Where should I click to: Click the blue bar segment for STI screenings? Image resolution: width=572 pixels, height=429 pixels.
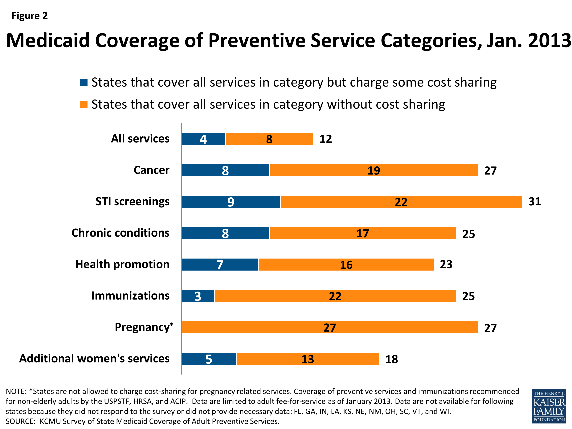pyautogui.click(x=231, y=202)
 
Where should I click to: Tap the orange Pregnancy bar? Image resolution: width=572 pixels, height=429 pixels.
pyautogui.click(x=329, y=327)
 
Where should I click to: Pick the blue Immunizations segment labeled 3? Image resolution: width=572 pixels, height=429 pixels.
pyautogui.click(x=198, y=296)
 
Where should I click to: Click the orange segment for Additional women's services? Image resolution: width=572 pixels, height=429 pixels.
pyautogui.click(x=308, y=359)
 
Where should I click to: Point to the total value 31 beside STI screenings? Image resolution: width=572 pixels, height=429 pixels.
pyautogui.click(x=534, y=202)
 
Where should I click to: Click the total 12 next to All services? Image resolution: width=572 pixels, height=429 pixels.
pyautogui.click(x=326, y=139)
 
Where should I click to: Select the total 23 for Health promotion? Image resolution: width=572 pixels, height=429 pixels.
pyautogui.click(x=446, y=264)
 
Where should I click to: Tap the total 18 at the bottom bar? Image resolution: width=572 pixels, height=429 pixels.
pyautogui.click(x=391, y=359)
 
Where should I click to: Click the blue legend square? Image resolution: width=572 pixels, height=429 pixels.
pyautogui.click(x=84, y=83)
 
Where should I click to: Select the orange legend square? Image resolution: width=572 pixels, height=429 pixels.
pyautogui.click(x=84, y=104)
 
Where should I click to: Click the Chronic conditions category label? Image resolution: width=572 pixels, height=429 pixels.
pyautogui.click(x=120, y=233)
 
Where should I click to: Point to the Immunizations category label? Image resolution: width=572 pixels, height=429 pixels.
pyautogui.click(x=130, y=296)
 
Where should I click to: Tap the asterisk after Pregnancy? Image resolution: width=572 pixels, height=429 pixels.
pyautogui.click(x=171, y=325)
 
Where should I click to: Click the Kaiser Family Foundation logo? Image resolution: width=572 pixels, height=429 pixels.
pyautogui.click(x=549, y=406)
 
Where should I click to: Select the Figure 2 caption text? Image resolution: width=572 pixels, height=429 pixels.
pyautogui.click(x=30, y=16)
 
